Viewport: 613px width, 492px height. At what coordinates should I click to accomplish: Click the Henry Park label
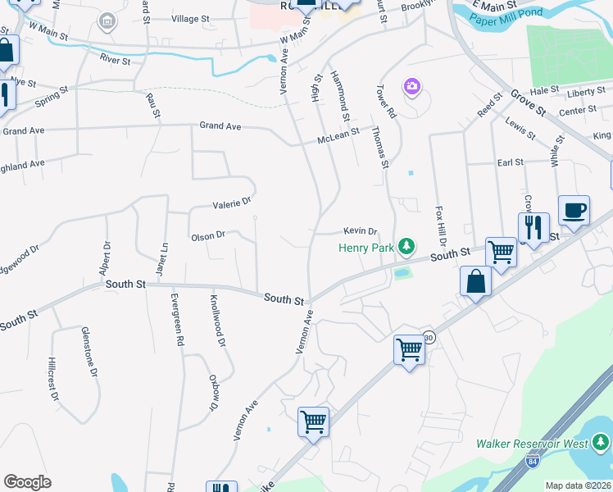tap(366, 247)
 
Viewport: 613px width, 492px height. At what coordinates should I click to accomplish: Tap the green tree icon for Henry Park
tap(406, 247)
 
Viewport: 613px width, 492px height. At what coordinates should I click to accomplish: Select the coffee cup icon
tap(574, 210)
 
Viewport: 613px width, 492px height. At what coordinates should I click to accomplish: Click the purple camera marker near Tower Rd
tap(411, 86)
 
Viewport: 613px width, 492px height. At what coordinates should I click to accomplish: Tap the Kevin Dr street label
tap(360, 231)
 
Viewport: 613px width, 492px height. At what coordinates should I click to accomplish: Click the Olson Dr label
tap(208, 236)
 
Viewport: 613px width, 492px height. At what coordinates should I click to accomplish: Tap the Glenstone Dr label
tap(89, 350)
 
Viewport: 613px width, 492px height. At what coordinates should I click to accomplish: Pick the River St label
tap(115, 61)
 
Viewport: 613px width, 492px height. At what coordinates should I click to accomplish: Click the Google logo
tap(27, 482)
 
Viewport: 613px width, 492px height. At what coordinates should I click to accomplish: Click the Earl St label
tap(510, 163)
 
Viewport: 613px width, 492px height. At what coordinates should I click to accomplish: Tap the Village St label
tap(191, 18)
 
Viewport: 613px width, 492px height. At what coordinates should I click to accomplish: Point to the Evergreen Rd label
tap(175, 321)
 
